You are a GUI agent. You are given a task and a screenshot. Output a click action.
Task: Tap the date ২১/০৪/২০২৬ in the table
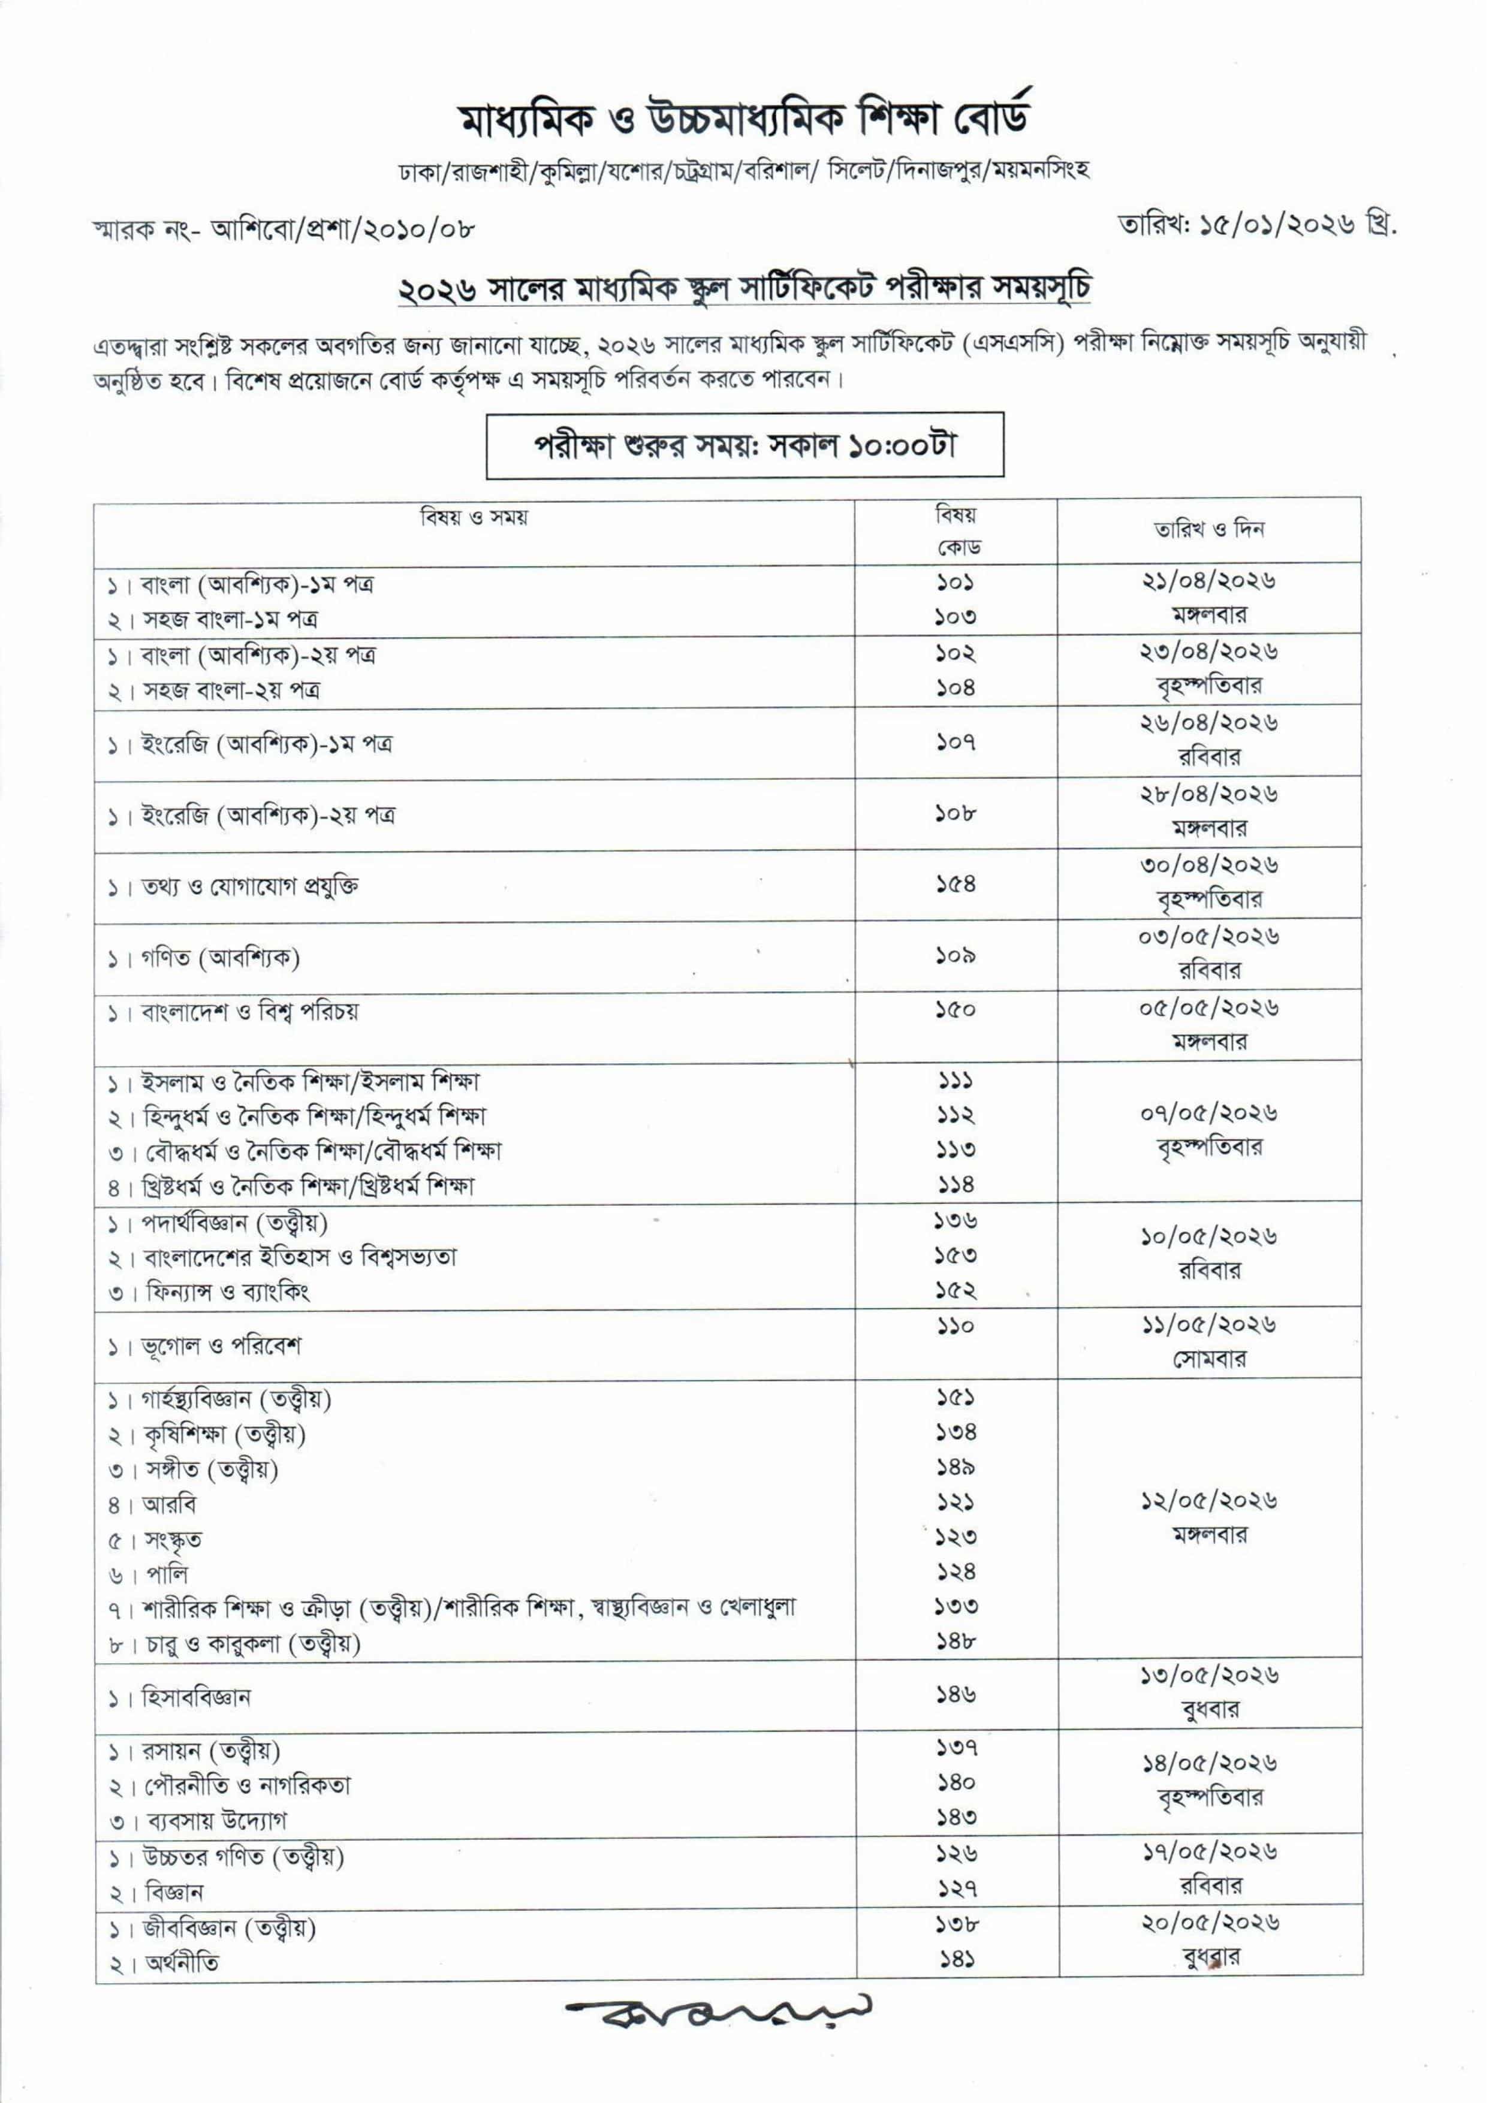[1208, 580]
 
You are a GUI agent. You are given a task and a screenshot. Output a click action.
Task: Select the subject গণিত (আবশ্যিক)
[220, 958]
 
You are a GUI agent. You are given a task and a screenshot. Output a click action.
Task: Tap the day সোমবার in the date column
[1208, 1359]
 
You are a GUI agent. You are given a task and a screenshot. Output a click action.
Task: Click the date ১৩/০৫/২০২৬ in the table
[1208, 1675]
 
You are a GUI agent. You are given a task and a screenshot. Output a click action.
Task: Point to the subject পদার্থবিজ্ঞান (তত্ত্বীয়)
[234, 1223]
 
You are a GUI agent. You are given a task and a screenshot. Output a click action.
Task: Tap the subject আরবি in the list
[170, 1504]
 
